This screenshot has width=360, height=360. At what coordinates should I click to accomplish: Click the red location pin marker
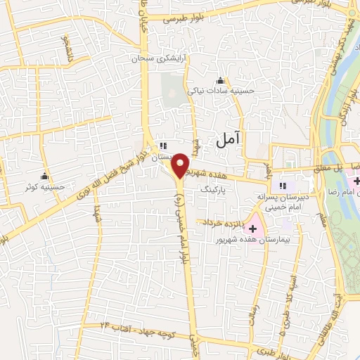pos(181,165)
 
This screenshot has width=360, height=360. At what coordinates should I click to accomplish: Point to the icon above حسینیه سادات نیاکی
pos(221,79)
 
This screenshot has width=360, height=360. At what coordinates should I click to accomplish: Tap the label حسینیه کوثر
pos(39,187)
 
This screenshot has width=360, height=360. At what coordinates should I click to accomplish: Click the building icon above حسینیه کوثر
pos(45,176)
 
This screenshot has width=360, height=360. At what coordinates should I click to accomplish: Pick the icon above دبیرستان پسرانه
pos(282,186)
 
